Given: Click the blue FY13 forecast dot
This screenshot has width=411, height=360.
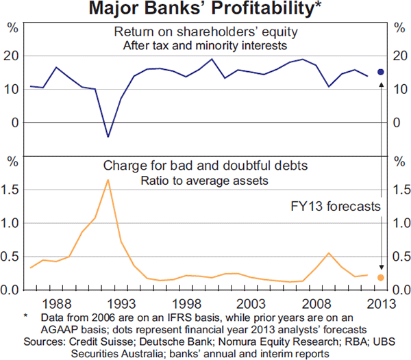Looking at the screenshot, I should pyautogui.click(x=381, y=72).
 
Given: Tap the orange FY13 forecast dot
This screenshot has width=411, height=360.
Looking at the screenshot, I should pyautogui.click(x=381, y=277).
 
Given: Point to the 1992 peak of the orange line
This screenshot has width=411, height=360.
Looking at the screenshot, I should pyautogui.click(x=108, y=179).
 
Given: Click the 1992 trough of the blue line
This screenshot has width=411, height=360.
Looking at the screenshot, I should pyautogui.click(x=108, y=137).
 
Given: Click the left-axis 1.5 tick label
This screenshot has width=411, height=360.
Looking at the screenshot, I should pyautogui.click(x=10, y=190).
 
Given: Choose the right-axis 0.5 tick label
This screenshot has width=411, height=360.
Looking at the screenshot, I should pyautogui.click(x=401, y=257).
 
